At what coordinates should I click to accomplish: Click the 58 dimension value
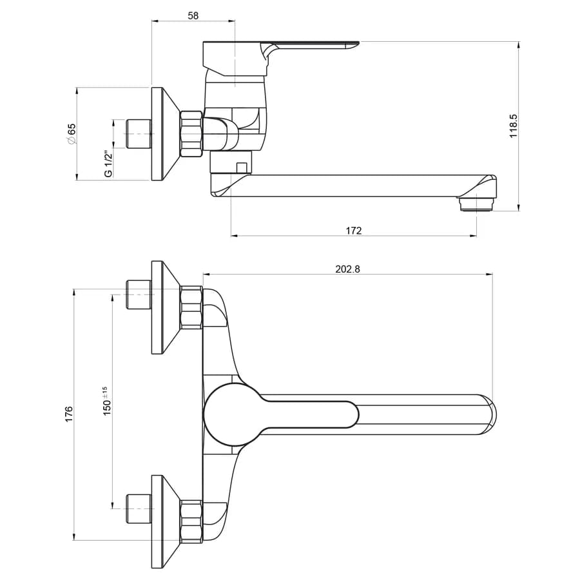193,15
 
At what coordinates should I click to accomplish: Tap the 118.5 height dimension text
514,126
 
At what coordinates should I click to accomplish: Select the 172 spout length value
354,231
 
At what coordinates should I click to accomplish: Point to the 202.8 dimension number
347,269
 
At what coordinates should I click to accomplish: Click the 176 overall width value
69,414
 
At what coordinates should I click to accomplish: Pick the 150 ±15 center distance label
106,401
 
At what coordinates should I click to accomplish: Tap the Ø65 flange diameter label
71,134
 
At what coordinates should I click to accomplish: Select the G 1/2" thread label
108,164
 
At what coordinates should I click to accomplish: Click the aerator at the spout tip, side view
476,204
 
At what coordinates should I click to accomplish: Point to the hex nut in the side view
191,134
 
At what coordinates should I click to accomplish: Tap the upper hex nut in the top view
191,307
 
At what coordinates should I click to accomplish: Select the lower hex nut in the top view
191,521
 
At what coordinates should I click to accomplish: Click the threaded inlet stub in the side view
139,134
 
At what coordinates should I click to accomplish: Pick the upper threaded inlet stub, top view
139,295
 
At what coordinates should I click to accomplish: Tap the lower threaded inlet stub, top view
139,508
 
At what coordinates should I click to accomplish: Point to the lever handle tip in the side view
352,44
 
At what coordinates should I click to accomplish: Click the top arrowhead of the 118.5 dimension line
519,45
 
